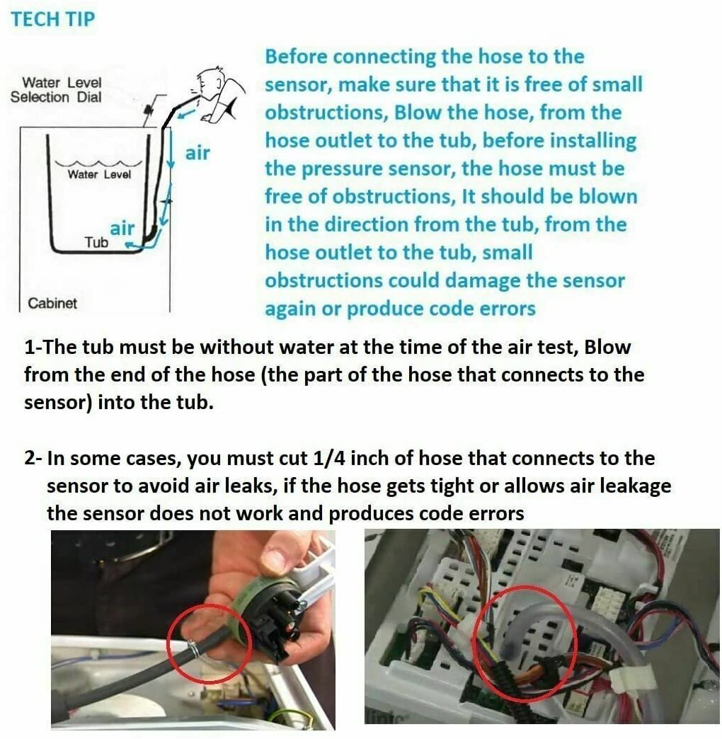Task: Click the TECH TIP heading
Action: point(52,19)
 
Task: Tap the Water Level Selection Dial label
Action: point(56,90)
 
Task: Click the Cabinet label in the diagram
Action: point(52,303)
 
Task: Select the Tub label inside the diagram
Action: point(96,242)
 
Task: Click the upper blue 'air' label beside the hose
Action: point(197,152)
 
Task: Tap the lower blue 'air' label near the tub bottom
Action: point(122,228)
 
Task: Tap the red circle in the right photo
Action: point(525,643)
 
